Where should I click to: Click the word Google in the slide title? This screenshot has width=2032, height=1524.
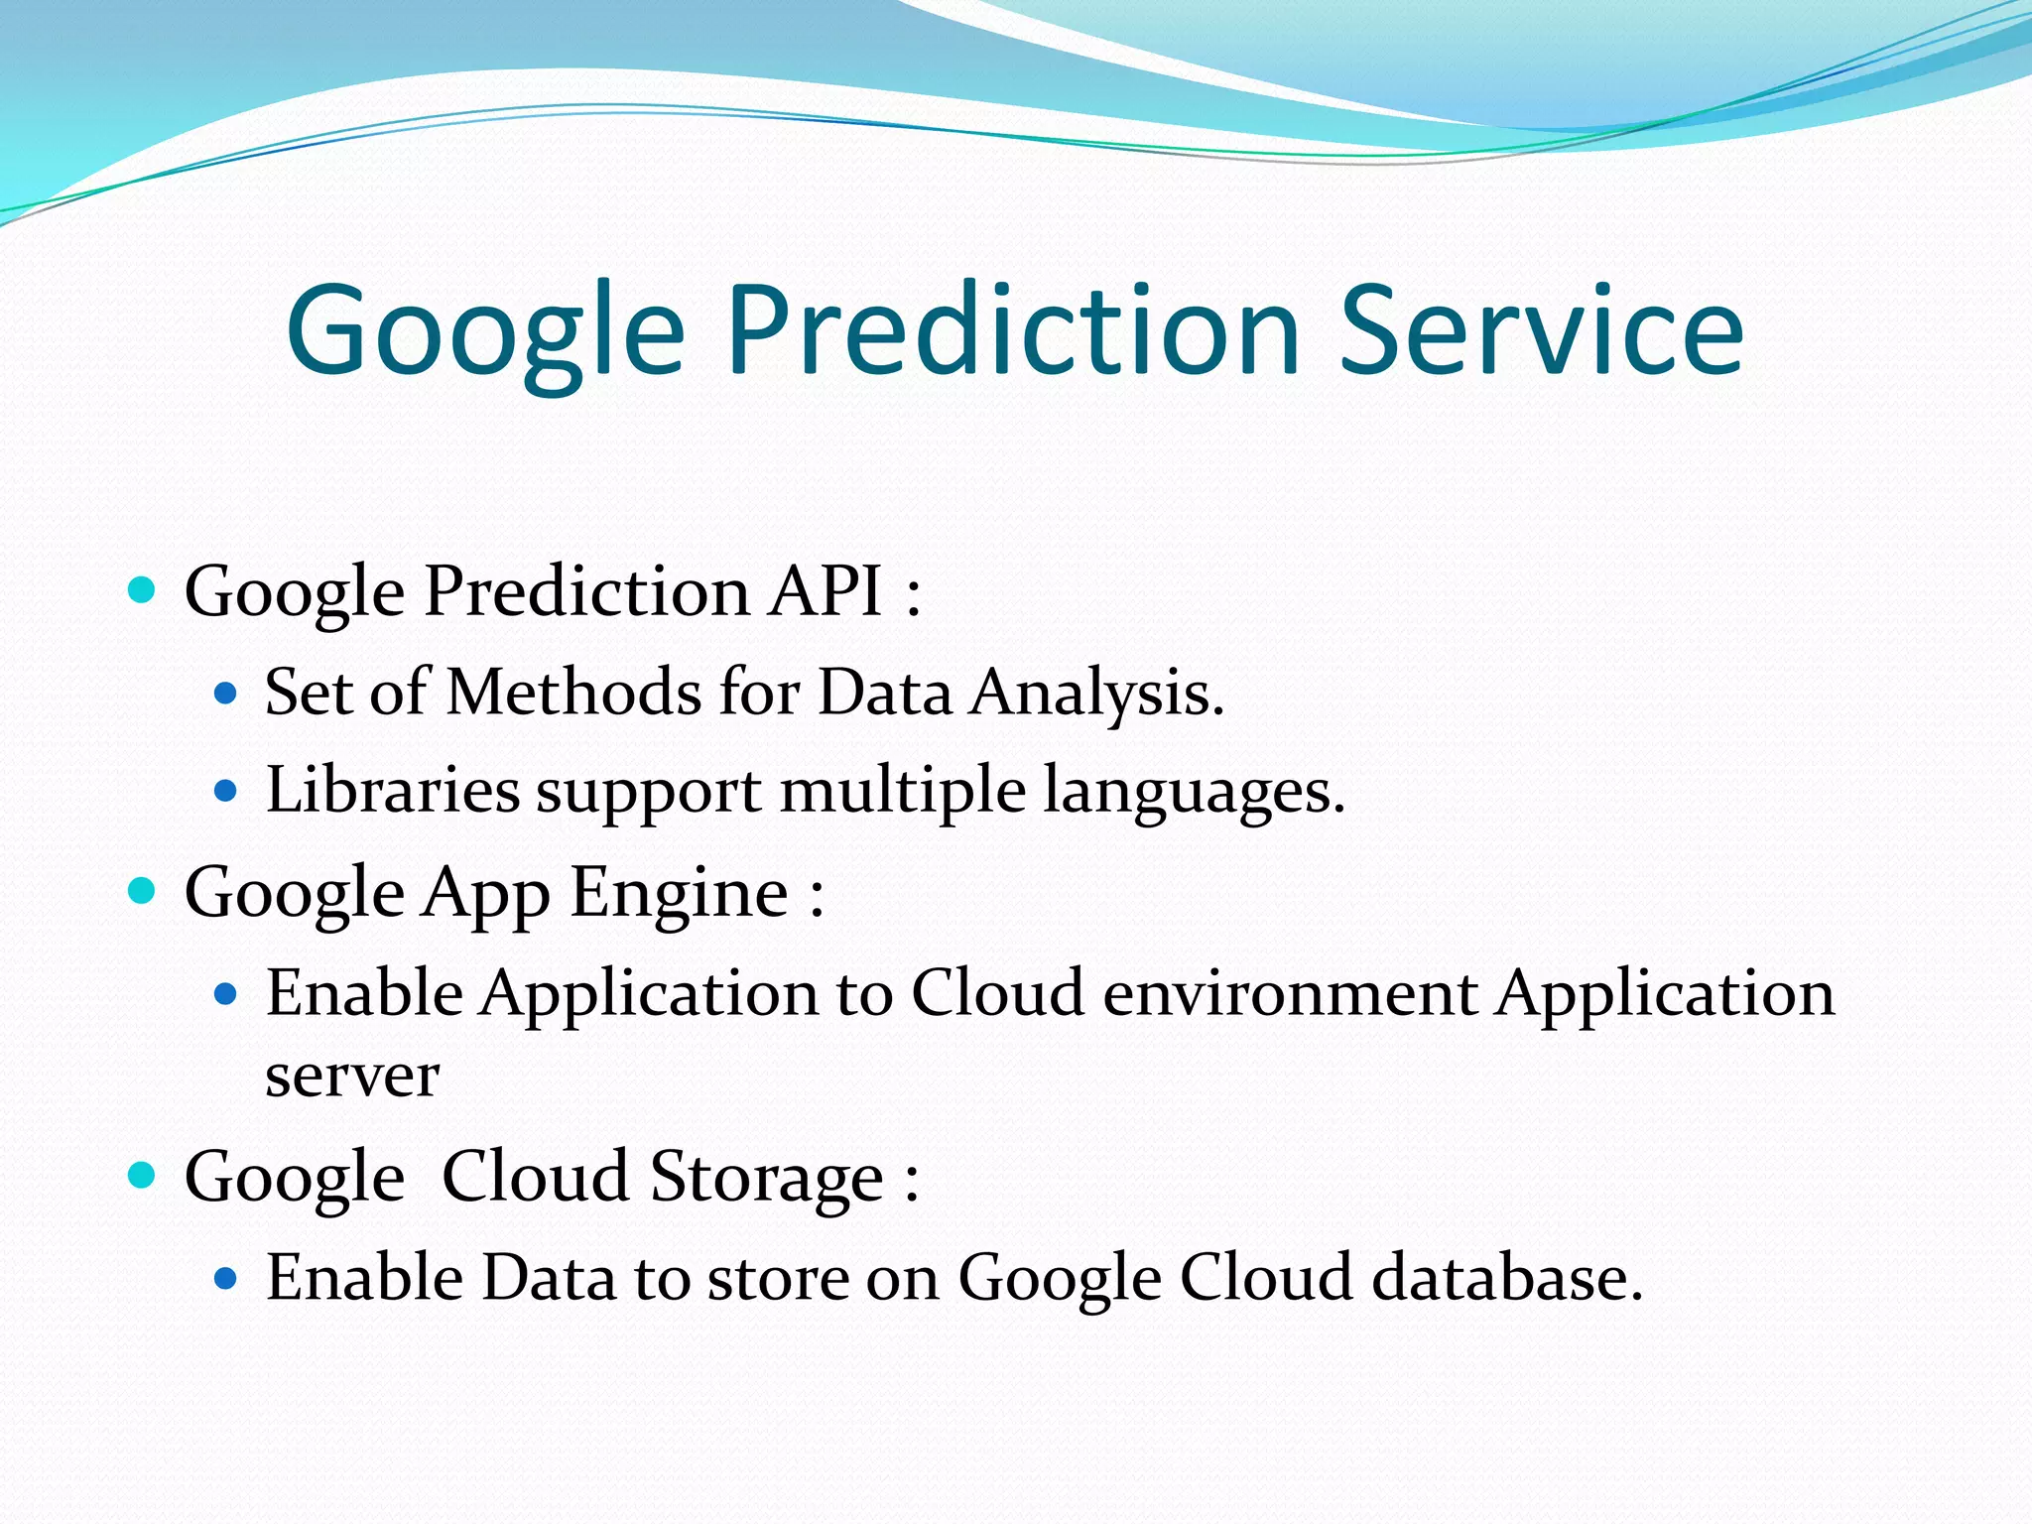(486, 332)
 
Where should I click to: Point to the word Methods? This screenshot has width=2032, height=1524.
(574, 692)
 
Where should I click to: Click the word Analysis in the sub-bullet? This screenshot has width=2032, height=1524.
(1096, 694)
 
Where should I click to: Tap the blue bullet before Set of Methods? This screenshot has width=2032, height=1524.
(226, 693)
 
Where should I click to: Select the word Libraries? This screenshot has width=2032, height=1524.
(393, 791)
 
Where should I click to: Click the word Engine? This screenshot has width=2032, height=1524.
(679, 892)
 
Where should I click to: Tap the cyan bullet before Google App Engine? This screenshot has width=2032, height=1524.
(143, 891)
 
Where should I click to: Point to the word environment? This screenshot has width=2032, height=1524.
(1290, 993)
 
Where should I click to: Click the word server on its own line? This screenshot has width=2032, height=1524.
(352, 1077)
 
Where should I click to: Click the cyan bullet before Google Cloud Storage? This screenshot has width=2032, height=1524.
(143, 1176)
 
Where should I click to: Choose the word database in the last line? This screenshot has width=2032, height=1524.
(1507, 1277)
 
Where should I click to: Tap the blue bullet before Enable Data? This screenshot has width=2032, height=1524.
(226, 1278)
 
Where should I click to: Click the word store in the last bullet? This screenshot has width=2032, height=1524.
(777, 1278)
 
